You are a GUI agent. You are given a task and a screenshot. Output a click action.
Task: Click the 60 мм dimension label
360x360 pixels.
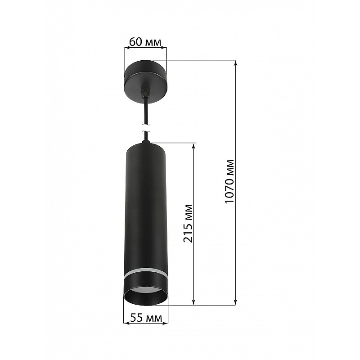click(x=145, y=42)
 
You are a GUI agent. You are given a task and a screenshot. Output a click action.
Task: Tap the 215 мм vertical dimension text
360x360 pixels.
click(x=188, y=223)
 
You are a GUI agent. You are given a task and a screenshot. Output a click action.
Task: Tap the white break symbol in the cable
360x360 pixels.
click(x=145, y=128)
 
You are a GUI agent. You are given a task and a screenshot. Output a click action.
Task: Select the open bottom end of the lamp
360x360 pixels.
click(x=146, y=296)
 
